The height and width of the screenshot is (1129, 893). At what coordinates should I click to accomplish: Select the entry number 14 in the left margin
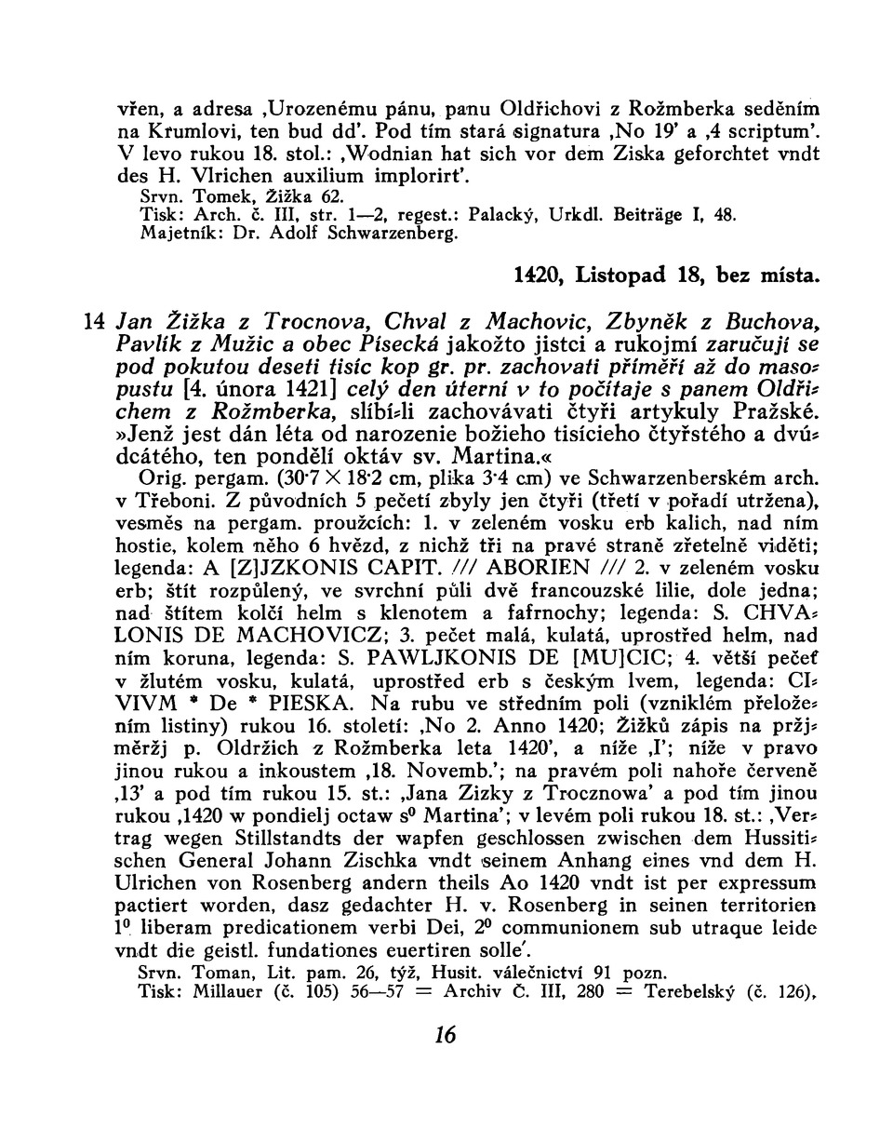point(95,323)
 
